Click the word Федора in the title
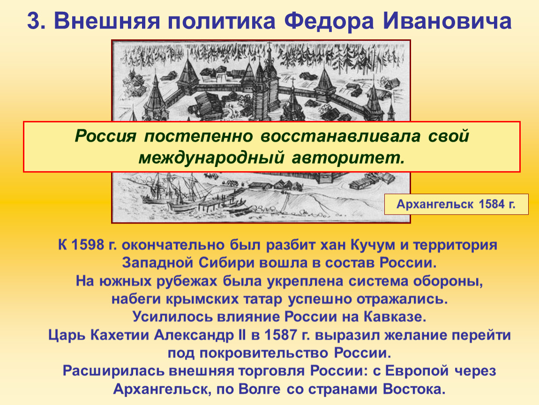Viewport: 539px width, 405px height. [329, 21]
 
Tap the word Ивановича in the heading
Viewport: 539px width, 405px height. [447, 21]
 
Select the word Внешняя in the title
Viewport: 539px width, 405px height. [107, 21]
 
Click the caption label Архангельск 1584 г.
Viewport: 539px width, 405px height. [456, 204]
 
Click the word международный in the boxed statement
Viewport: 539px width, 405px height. [211, 158]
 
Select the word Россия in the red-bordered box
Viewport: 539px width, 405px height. [105, 136]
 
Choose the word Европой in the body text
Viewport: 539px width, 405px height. [416, 371]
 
